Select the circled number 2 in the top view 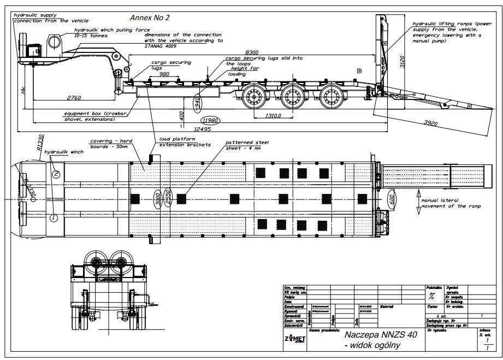coord(56,175)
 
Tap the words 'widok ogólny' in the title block coord(372,345)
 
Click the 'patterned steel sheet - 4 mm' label coord(247,145)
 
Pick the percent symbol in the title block coord(432,297)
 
